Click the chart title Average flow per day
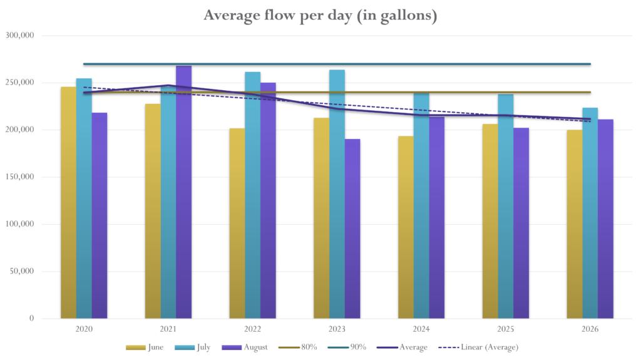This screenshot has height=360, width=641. point(320,16)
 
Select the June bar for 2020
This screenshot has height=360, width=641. point(69,202)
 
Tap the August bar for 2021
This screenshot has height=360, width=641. point(183,192)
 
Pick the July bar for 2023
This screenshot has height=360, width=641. point(337,194)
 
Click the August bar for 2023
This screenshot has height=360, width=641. point(352,229)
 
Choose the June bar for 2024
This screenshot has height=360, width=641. point(406,227)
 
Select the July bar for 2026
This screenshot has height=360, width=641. point(590,213)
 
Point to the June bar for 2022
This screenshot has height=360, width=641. point(237,224)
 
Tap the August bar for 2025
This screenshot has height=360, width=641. point(521,223)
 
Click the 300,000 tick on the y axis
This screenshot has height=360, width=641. point(19,36)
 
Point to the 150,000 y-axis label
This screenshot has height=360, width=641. point(19,177)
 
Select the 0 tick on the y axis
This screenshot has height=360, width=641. point(31,318)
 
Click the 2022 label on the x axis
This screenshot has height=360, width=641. point(253,329)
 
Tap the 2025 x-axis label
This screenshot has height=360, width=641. point(506,329)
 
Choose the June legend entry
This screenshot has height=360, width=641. point(145,347)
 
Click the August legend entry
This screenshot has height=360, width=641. point(245,347)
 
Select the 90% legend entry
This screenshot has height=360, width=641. point(347,347)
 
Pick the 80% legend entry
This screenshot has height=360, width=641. point(297,347)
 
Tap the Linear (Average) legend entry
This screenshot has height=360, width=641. point(478,347)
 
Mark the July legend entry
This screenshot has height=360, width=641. point(193,347)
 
